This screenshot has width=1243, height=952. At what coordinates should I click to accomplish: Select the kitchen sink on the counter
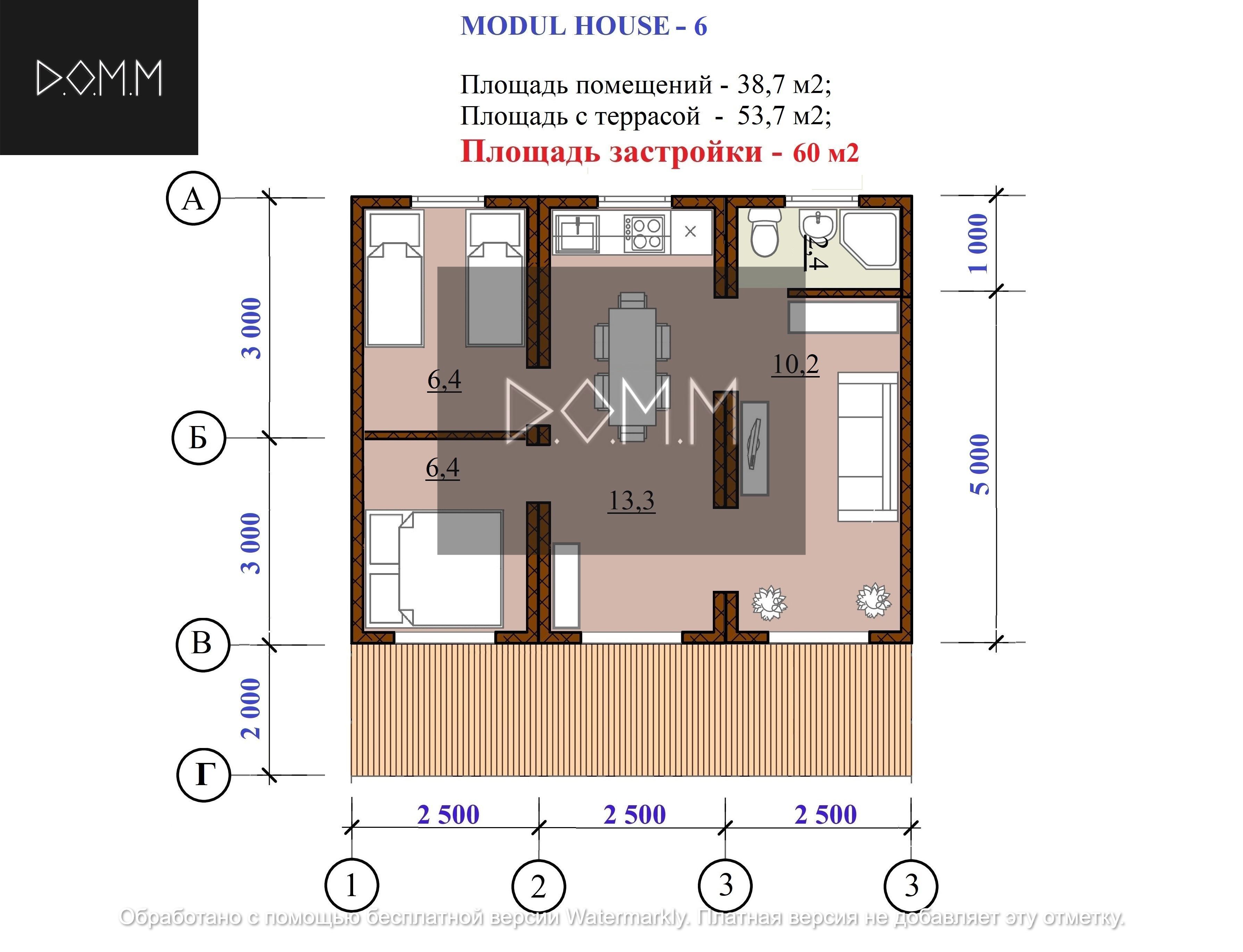pos(577,233)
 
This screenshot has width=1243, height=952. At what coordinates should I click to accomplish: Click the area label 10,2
pos(795,364)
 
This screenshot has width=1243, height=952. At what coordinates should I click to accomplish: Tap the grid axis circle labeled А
pos(193,199)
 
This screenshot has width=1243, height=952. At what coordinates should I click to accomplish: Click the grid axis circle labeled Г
pos(203,775)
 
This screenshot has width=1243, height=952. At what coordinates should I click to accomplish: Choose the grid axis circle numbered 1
pos(352,886)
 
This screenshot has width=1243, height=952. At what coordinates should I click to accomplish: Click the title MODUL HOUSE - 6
pos(584,26)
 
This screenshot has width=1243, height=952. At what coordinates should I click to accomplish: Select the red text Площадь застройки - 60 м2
pos(659,152)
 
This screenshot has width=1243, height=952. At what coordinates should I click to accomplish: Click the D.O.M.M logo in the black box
pos(99,78)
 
